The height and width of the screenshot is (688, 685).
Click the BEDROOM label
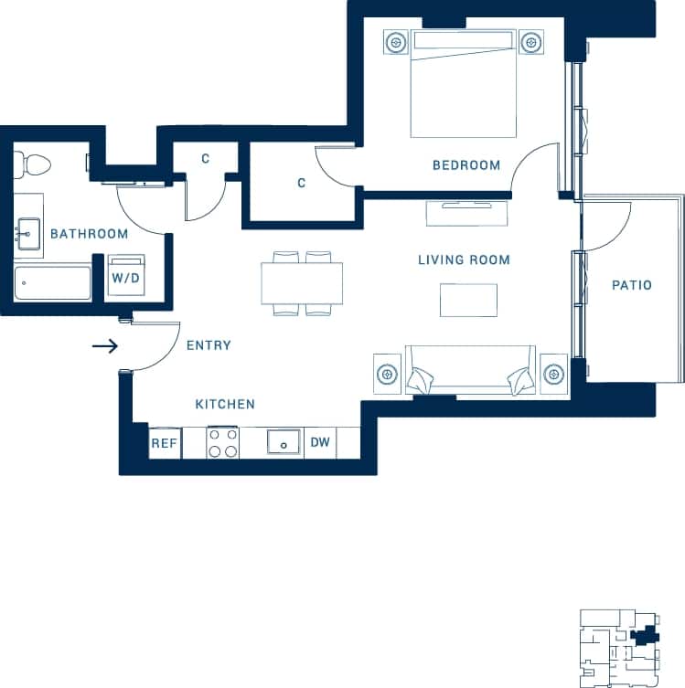466,165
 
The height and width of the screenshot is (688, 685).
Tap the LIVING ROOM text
464,260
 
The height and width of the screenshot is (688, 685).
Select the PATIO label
631,285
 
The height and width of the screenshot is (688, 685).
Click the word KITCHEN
225,404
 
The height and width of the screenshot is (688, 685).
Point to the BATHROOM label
89,234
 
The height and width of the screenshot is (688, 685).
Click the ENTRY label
209,345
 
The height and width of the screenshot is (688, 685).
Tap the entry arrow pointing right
106,346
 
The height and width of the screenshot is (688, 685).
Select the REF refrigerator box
164,443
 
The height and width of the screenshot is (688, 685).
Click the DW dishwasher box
320,443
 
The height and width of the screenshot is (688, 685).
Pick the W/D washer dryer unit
125,276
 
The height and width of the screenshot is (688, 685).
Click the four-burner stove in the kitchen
222,443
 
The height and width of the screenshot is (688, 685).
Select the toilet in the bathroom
34,165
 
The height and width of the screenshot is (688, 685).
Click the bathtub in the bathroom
53,283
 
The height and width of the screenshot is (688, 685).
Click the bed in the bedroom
464,84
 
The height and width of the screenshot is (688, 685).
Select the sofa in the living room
470,370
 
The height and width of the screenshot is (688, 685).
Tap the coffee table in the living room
468,300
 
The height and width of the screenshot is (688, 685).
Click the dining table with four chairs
302,283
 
